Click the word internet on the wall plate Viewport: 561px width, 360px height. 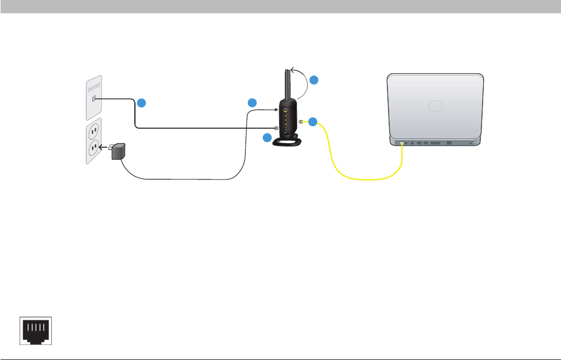coord(93,87)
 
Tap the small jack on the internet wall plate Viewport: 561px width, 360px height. coord(94,99)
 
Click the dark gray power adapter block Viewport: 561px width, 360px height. coord(119,152)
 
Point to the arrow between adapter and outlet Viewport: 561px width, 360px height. coord(104,148)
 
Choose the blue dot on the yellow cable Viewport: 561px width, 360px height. coord(312,122)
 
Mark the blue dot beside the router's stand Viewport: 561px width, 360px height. coord(266,138)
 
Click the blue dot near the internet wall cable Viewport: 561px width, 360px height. coord(142,103)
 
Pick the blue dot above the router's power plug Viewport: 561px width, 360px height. coord(251,103)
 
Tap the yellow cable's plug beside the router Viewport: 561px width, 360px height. coord(302,121)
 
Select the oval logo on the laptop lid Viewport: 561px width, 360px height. coord(435,106)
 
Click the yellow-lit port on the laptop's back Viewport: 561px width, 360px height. coord(402,142)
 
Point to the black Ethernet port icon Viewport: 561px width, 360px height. coord(36,331)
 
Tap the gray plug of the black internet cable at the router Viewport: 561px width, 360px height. coord(277,128)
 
